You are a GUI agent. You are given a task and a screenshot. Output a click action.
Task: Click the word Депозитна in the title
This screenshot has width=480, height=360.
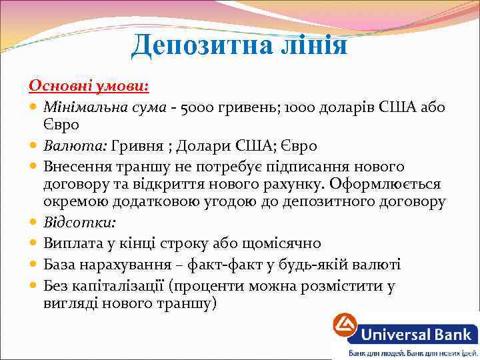point(189,45)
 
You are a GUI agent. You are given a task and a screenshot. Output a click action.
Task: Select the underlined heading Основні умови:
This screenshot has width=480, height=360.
point(89,87)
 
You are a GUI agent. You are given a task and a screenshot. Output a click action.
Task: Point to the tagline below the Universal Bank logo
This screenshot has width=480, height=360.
point(412,353)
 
